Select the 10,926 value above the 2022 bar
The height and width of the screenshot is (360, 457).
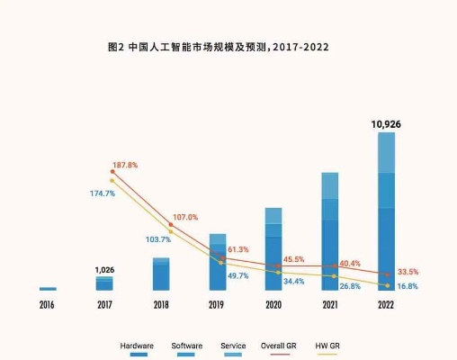(x=386, y=123)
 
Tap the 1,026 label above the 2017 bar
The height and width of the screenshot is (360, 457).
(x=104, y=269)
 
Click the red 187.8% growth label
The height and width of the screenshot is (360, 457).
(x=125, y=166)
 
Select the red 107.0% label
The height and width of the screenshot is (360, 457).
(x=185, y=218)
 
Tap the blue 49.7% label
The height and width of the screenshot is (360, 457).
(x=237, y=275)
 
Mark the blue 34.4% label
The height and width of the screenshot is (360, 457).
(x=293, y=282)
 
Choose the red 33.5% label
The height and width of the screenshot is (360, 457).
(x=408, y=272)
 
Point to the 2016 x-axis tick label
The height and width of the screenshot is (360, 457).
(x=48, y=306)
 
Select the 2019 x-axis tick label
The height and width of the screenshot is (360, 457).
(x=217, y=306)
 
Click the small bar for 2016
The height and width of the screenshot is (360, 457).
(x=48, y=289)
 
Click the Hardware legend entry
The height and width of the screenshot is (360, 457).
(x=137, y=346)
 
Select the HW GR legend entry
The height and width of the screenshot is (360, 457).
(x=327, y=346)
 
